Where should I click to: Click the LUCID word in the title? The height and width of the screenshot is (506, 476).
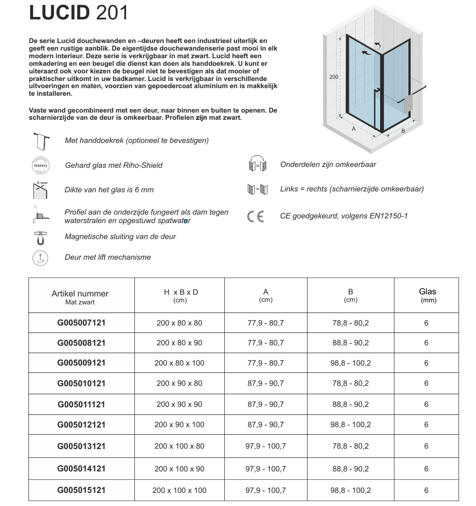[x=59, y=13]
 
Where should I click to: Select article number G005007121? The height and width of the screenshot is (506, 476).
[x=82, y=323]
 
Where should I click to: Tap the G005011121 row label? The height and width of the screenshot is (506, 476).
[x=82, y=404]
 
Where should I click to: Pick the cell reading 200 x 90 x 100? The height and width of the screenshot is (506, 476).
[x=179, y=425]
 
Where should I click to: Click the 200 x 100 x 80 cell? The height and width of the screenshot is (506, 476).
[x=179, y=446]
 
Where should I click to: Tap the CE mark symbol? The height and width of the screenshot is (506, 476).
[x=255, y=217]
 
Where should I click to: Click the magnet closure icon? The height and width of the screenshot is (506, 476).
[x=41, y=237]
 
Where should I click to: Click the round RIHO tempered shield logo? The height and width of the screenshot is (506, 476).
[x=41, y=165]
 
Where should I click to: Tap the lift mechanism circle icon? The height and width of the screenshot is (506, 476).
[x=41, y=258]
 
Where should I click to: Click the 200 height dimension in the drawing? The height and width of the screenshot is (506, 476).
[x=334, y=77]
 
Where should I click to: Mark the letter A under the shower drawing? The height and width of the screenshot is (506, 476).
[x=354, y=129]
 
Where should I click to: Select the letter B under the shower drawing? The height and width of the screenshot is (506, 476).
[x=403, y=131]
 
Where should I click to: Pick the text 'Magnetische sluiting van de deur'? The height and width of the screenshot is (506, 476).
[x=120, y=237]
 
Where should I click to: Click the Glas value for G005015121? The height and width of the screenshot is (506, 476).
[x=426, y=490]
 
